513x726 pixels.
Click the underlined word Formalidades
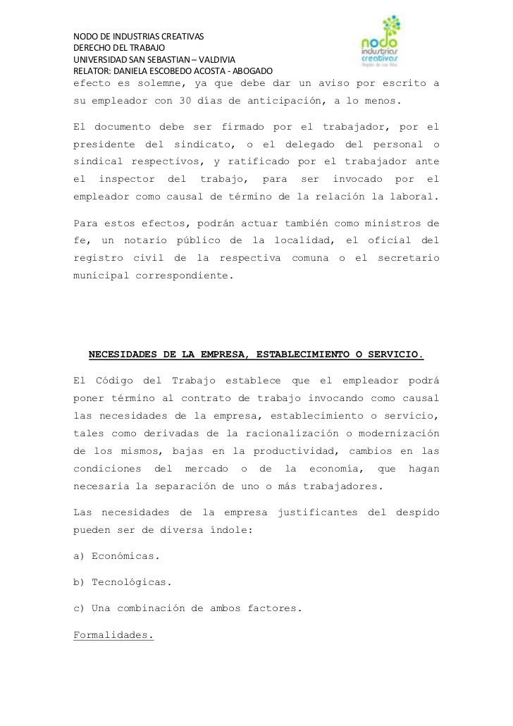coord(113,635)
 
